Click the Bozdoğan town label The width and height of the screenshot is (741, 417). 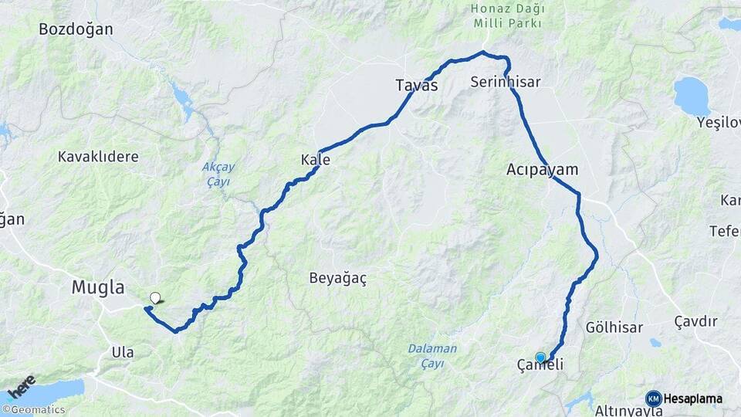coord(76,30)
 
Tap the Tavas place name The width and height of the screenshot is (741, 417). coord(416,86)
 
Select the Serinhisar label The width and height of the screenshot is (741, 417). coord(505,82)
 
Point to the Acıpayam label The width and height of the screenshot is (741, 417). coord(543,169)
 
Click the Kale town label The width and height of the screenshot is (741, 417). coord(316,161)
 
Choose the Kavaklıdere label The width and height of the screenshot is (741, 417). coord(98,157)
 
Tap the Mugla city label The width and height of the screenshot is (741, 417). coord(98,288)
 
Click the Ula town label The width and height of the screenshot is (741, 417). coord(122,352)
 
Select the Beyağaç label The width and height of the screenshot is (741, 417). coord(337,278)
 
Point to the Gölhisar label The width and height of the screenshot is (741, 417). coord(614,327)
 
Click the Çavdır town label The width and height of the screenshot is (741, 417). coord(695,321)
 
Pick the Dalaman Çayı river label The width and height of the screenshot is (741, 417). coord(432,355)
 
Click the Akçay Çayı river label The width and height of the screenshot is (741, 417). coord(217,175)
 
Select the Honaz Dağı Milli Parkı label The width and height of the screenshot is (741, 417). coord(508,16)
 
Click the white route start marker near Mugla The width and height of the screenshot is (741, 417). coord(155,297)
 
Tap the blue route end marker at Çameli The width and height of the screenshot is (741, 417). coord(540,357)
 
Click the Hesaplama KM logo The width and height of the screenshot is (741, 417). coord(684,398)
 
